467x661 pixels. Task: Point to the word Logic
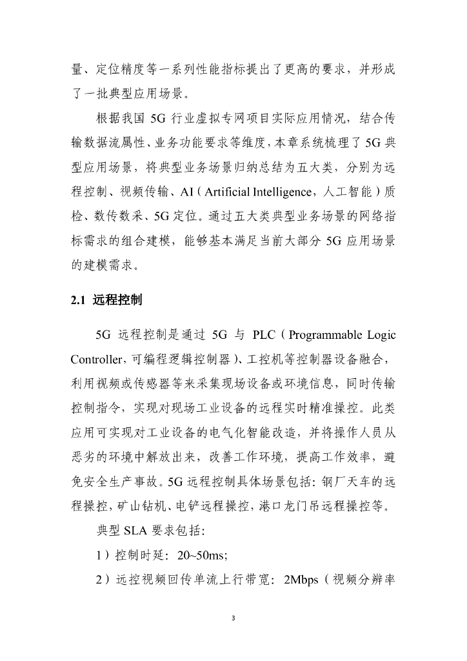pos(381,335)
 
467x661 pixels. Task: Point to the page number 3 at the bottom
pos(234,618)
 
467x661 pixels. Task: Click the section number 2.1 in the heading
pos(78,300)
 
